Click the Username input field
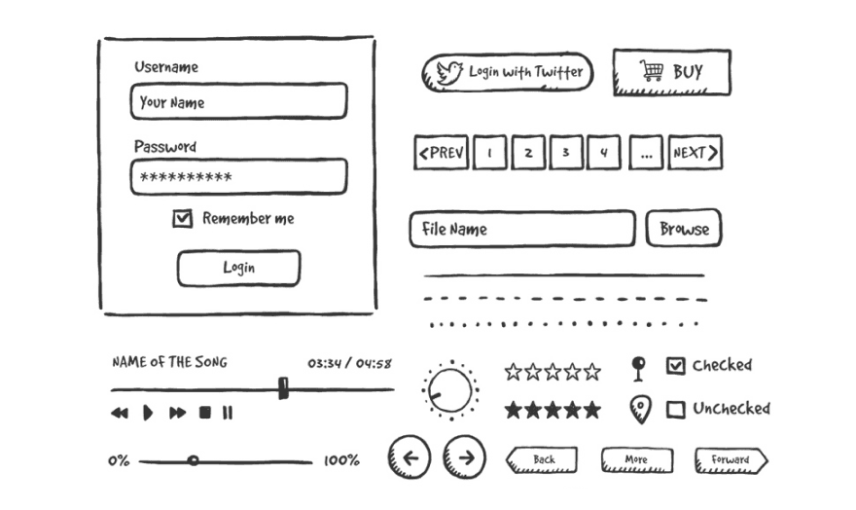point(238,101)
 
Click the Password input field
point(238,177)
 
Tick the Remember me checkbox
point(182,219)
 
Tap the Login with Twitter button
point(506,72)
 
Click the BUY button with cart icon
point(671,72)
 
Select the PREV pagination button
point(441,153)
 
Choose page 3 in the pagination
point(565,153)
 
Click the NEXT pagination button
point(695,153)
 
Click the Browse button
point(684,229)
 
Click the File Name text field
point(521,230)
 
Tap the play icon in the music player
point(148,413)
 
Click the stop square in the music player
point(205,413)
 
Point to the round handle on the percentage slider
point(193,460)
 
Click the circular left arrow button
point(410,457)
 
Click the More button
point(636,460)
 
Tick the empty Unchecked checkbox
point(675,410)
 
